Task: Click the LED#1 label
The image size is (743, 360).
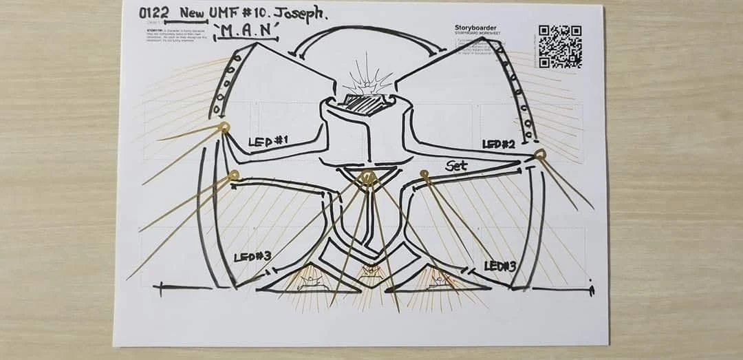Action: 268,142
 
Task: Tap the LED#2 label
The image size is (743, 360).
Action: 499,144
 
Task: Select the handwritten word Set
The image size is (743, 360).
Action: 457,166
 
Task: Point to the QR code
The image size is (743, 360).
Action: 560,46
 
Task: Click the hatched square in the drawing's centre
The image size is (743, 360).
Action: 363,103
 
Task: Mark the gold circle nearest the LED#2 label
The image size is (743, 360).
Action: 539,154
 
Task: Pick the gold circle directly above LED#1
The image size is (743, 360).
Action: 223,127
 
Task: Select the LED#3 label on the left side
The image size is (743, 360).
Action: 252,257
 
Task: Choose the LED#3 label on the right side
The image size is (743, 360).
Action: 500,265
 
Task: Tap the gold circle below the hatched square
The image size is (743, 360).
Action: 369,178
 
